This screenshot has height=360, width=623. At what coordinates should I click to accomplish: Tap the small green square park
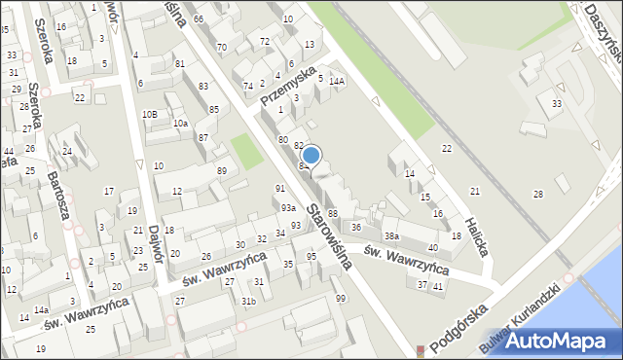pyautogui.click(x=247, y=152)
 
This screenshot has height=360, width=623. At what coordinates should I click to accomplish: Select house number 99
pyautogui.click(x=340, y=298)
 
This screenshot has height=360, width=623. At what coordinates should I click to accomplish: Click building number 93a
pyautogui.click(x=288, y=208)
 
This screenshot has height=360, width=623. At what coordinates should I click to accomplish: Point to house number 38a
pyautogui.click(x=391, y=236)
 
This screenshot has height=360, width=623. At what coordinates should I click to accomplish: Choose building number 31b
pyautogui.click(x=249, y=301)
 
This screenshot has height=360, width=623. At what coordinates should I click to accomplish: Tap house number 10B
pyautogui.click(x=149, y=114)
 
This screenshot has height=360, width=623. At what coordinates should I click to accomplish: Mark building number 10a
pyautogui.click(x=180, y=124)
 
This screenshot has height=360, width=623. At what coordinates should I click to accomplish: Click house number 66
pyautogui.click(x=199, y=19)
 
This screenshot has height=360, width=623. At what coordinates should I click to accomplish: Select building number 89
pyautogui.click(x=222, y=171)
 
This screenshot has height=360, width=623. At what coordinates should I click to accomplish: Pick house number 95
pyautogui.click(x=311, y=257)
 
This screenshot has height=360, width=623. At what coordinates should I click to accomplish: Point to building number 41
pyautogui.click(x=438, y=285)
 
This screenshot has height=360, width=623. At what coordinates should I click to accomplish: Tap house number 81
pyautogui.click(x=179, y=64)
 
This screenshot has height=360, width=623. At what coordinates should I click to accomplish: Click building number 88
pyautogui.click(x=332, y=213)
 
